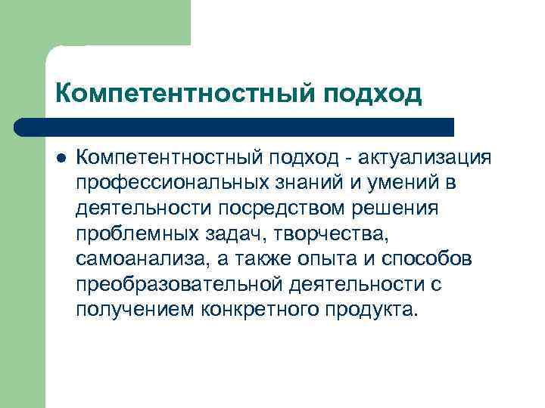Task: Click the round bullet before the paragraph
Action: coord(60,157)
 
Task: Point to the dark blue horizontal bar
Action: coord(235,127)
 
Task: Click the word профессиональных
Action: coord(169,182)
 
